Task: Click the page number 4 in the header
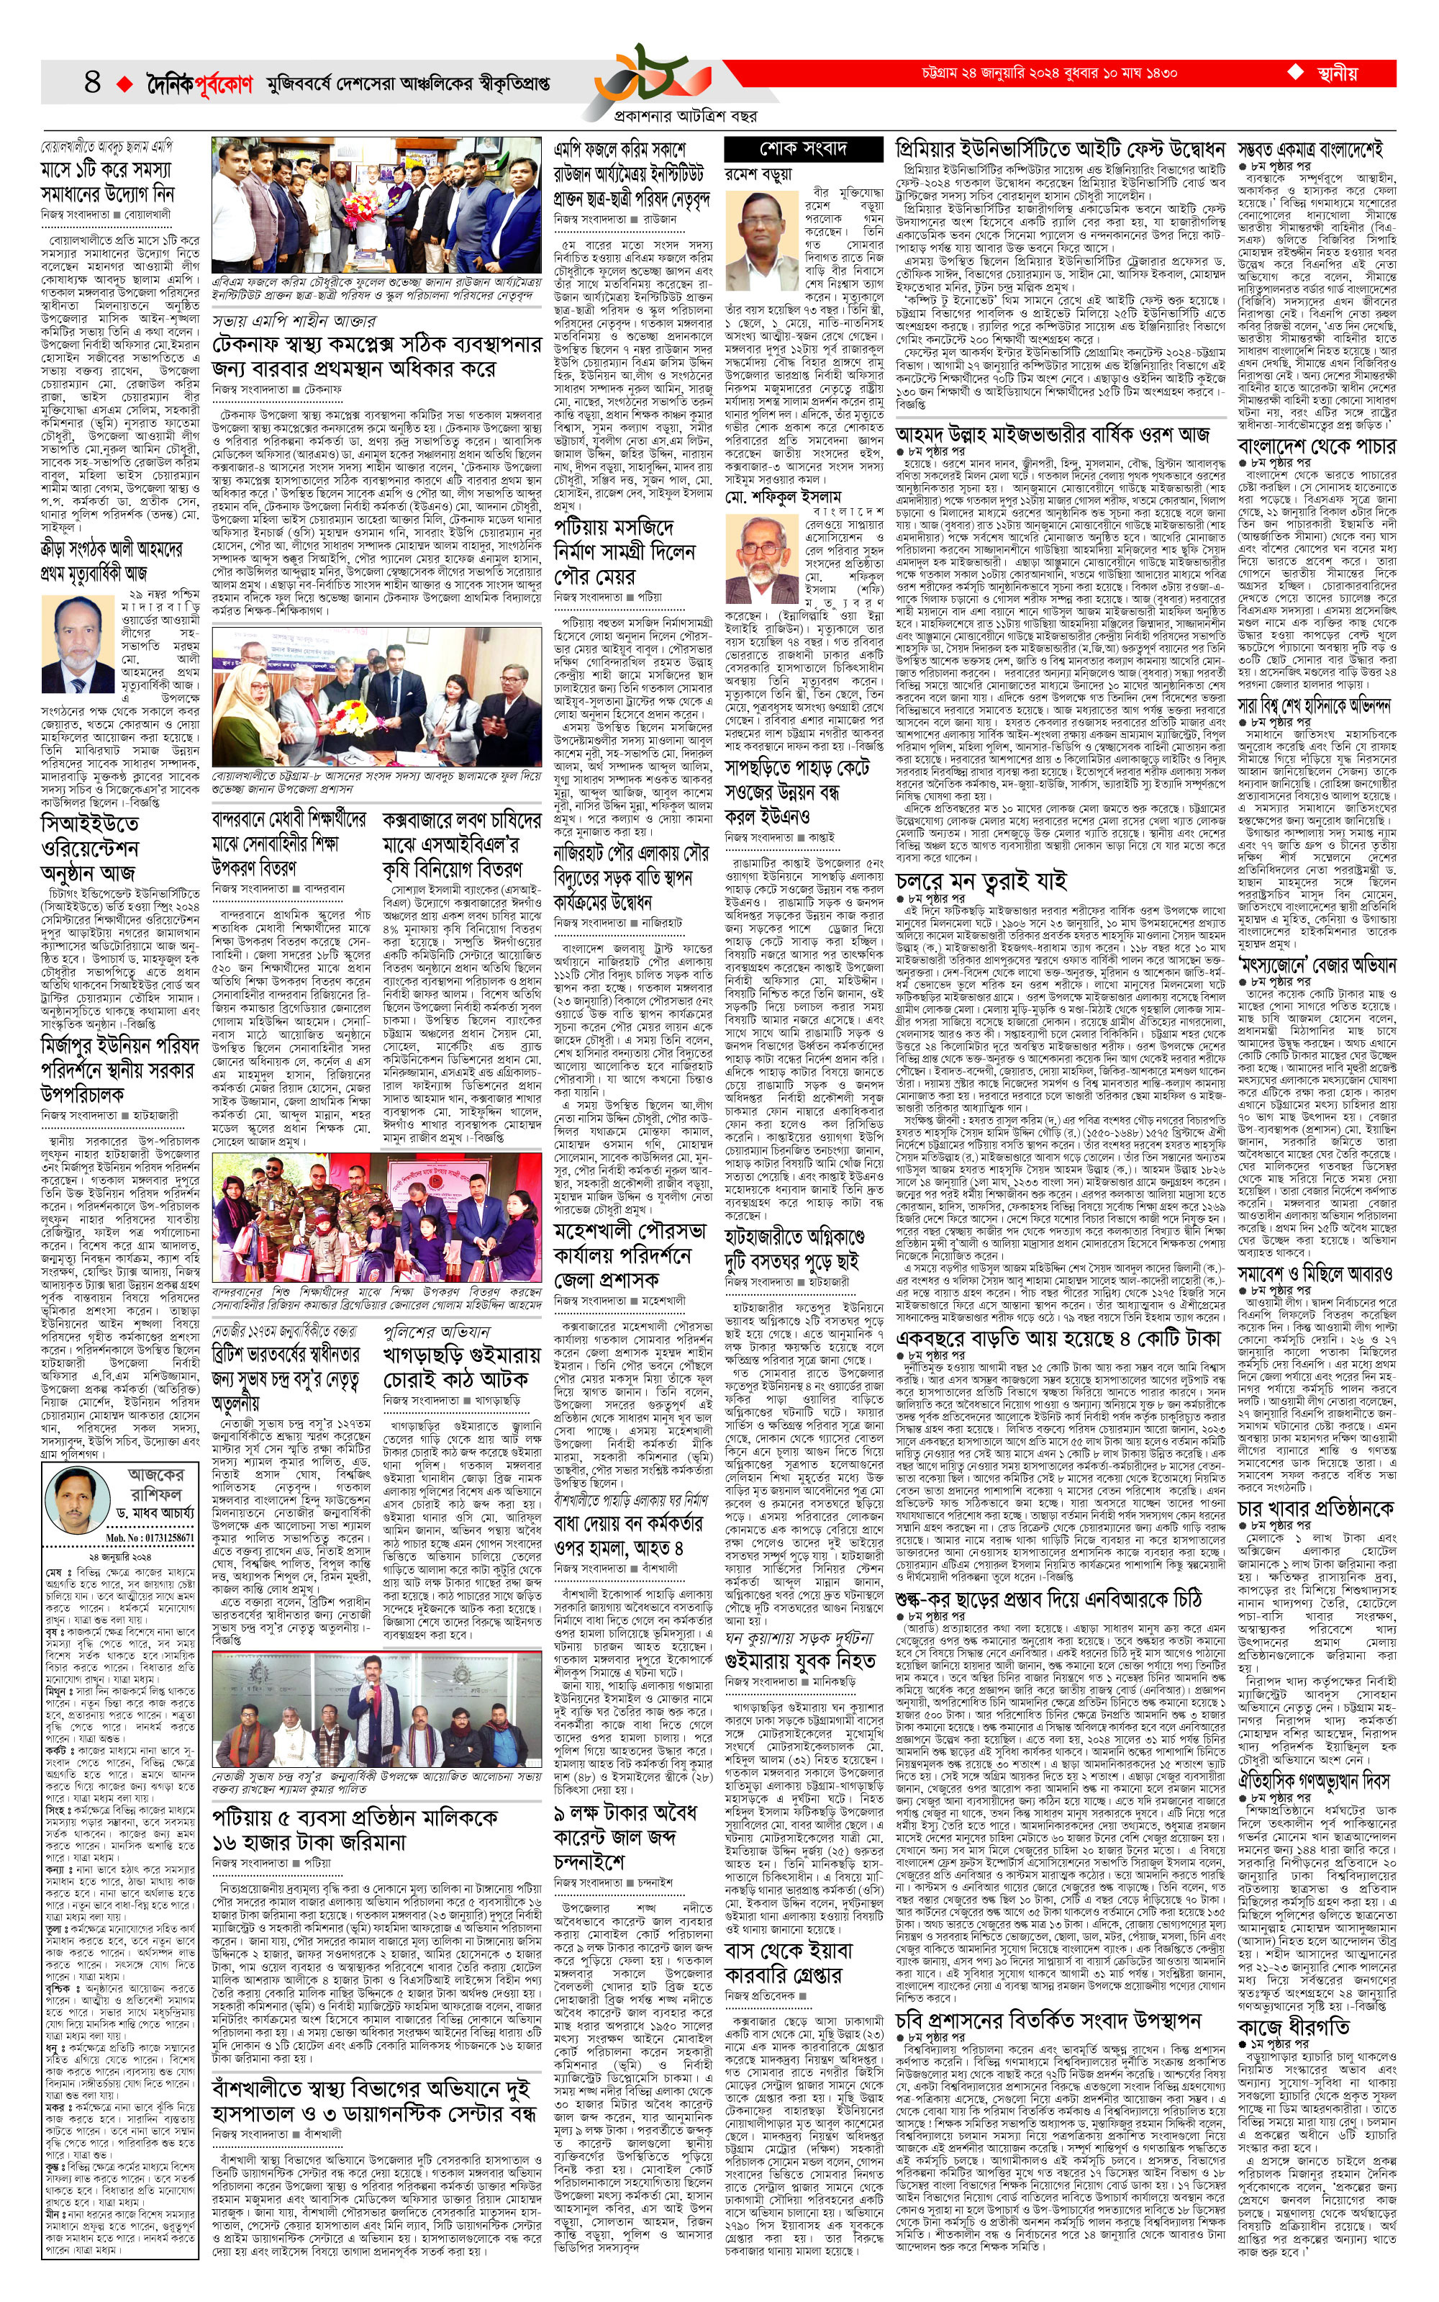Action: click(92, 82)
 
